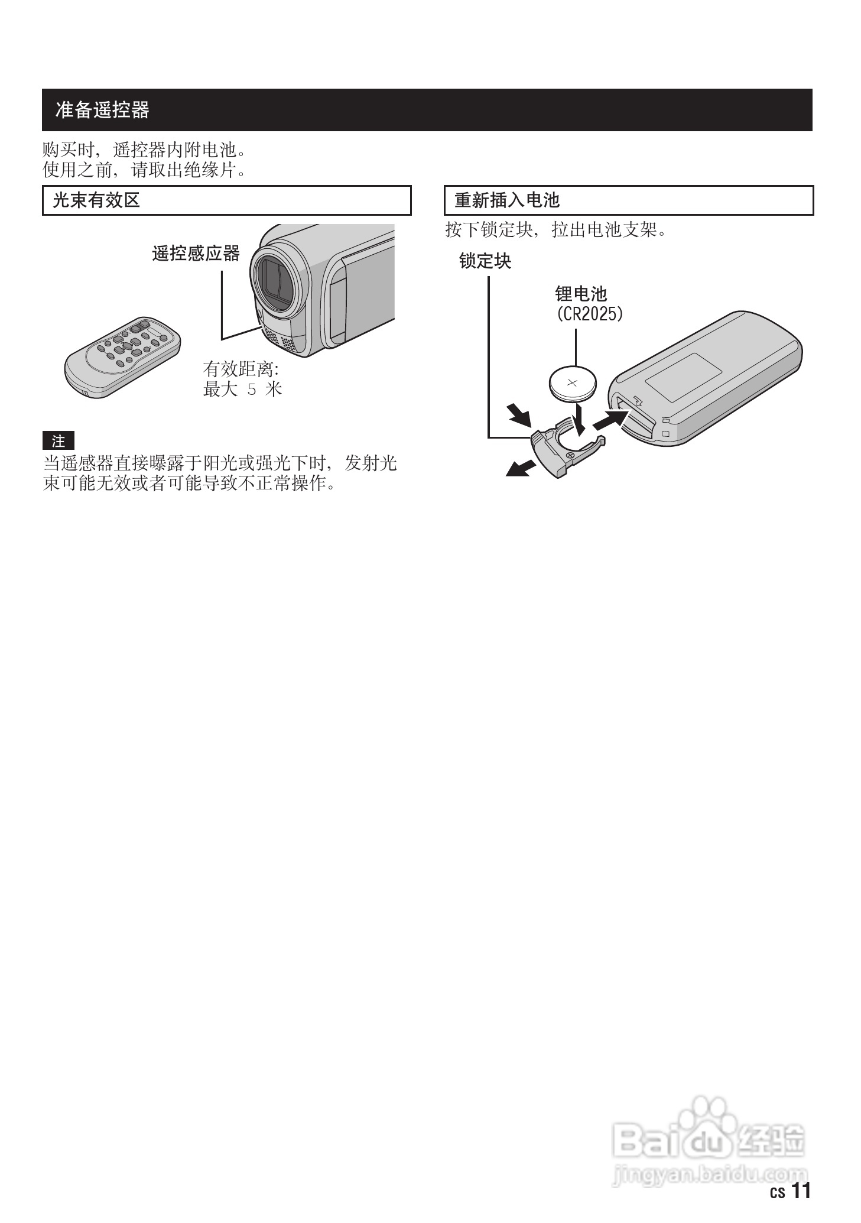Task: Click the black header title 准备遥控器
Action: coord(102,110)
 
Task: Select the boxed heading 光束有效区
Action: coord(96,200)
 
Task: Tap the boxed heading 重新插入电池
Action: coord(506,200)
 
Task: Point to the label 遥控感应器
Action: coord(196,254)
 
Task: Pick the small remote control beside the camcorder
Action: coord(122,356)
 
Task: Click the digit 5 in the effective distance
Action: coord(252,390)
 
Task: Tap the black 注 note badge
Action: coord(58,441)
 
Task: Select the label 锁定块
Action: coord(485,261)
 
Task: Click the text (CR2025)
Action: coord(590,313)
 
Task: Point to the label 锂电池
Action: coord(580,294)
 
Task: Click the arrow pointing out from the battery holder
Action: coord(520,468)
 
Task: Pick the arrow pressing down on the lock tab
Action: coord(519,414)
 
